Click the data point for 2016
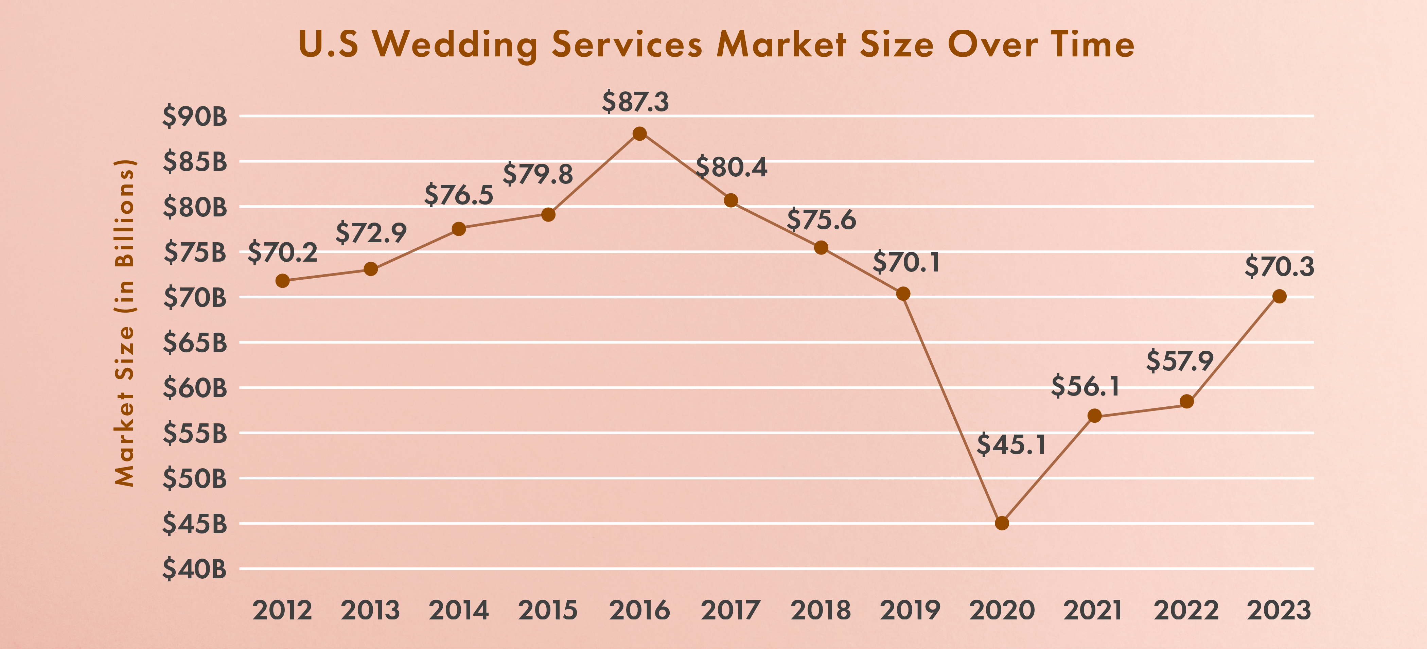[x=639, y=134]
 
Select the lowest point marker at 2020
[x=1002, y=523]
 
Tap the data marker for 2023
[x=1279, y=297]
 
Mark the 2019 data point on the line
[x=903, y=294]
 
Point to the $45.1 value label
[x=1011, y=444]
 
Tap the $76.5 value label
[x=459, y=195]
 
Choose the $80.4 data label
[x=731, y=168]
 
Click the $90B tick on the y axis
[x=194, y=117]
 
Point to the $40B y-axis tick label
[x=194, y=569]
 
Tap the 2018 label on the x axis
[x=821, y=610]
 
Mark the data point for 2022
[x=1186, y=401]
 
